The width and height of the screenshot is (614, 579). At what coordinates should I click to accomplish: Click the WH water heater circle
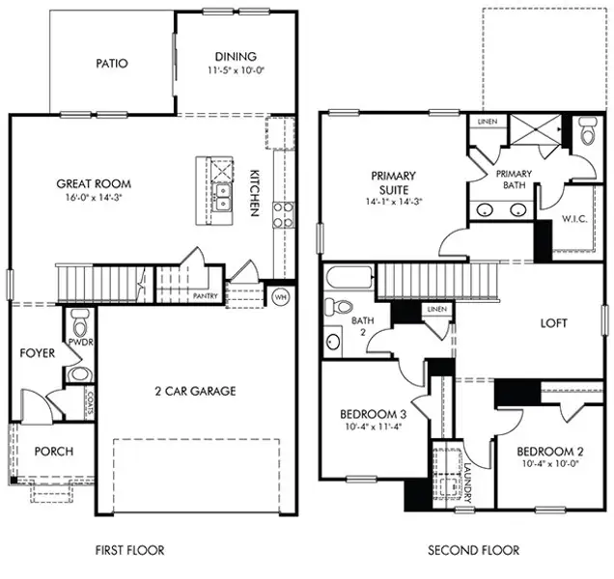pyautogui.click(x=282, y=297)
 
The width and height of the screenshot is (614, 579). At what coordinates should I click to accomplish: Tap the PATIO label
pyautogui.click(x=112, y=65)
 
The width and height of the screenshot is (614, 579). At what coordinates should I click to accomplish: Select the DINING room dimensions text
pyautogui.click(x=236, y=70)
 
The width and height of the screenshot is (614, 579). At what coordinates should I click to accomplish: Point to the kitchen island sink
pyautogui.click(x=222, y=198)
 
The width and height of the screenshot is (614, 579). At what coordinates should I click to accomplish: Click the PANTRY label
pyautogui.click(x=205, y=297)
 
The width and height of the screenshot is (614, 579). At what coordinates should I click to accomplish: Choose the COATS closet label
pyautogui.click(x=88, y=402)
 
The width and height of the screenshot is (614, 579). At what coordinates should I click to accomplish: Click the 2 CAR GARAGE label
pyautogui.click(x=196, y=391)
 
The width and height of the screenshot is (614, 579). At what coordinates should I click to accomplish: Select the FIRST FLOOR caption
pyautogui.click(x=130, y=550)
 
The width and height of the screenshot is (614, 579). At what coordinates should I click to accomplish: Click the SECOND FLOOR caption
pyautogui.click(x=473, y=550)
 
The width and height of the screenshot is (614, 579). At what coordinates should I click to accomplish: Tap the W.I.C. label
pyautogui.click(x=575, y=218)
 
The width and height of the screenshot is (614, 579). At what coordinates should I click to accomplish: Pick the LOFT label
pyautogui.click(x=553, y=323)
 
